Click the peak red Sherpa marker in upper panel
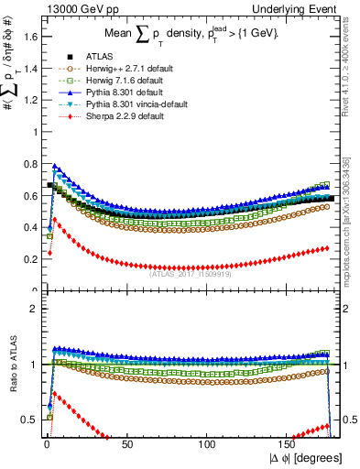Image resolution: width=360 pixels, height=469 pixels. point(53,219)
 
